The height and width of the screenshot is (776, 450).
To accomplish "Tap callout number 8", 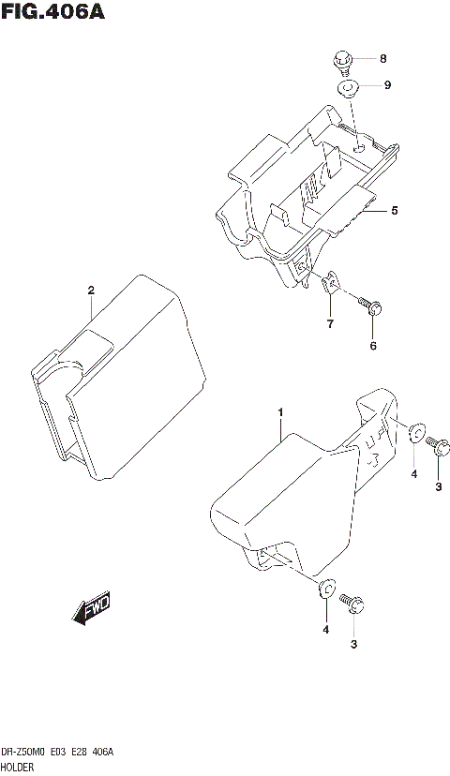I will [382, 58].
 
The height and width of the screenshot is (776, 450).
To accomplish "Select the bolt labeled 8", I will [343, 64].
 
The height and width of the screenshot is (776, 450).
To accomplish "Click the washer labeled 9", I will [349, 89].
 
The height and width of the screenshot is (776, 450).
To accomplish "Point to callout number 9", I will [386, 85].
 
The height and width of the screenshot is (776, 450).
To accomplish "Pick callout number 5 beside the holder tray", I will [395, 211].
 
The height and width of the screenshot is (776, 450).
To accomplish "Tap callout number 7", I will [329, 323].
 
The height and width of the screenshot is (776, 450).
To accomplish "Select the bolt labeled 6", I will [370, 306].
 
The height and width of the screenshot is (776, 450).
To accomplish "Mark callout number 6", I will [372, 346].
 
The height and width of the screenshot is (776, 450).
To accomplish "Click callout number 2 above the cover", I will [91, 290].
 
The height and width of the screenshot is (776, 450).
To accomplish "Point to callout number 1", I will [279, 412].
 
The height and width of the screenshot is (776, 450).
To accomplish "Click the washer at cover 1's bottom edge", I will [325, 589].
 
